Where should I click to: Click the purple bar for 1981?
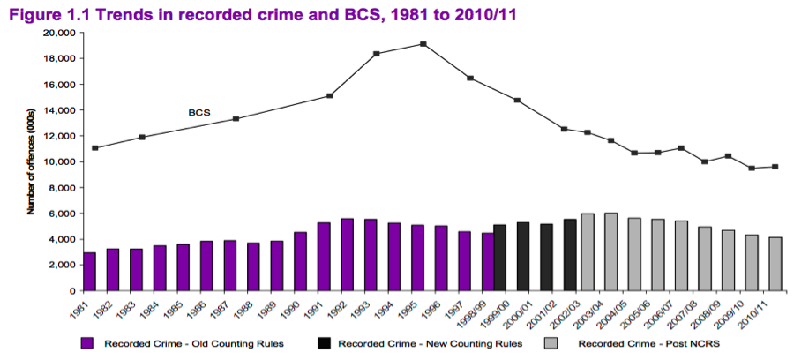[x=90, y=272]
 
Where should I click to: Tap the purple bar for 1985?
[x=184, y=267]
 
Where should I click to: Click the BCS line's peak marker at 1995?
[x=423, y=44]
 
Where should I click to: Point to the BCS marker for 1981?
[x=95, y=147]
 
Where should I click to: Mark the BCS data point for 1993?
[x=377, y=54]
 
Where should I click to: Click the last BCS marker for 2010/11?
[x=775, y=167]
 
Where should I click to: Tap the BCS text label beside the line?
[x=198, y=113]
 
